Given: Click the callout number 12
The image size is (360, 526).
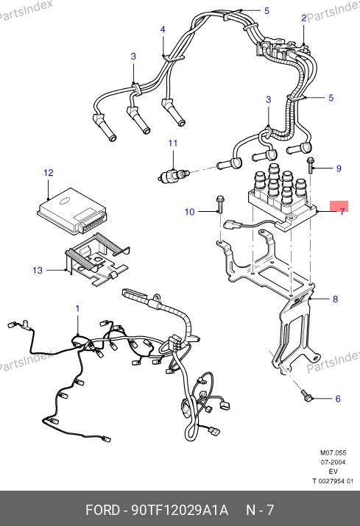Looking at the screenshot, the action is click(49, 173).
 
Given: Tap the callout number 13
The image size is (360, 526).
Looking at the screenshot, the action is click(38, 270).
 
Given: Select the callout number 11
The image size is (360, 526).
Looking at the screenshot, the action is click(173, 143).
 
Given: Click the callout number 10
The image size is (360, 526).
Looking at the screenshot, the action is click(190, 212).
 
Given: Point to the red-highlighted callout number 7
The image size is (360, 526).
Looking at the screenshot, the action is click(342, 212).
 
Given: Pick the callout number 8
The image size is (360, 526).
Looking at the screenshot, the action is click(335, 299).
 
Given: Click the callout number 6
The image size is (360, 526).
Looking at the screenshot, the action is click(338, 399).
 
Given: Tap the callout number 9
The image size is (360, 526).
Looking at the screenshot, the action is click(339, 168).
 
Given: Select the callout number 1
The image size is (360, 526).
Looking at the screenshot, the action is click(77, 309).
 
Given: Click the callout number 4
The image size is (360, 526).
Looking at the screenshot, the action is click(163, 29).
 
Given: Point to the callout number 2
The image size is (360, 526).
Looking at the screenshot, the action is click(303, 18).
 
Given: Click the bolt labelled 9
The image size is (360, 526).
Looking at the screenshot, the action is click(310, 166).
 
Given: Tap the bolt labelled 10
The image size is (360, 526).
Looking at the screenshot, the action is click(220, 204).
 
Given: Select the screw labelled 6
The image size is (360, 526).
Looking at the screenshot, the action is click(307, 395).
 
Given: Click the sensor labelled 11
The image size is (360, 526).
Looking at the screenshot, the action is click(174, 174).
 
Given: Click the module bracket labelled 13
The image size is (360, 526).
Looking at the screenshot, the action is click(96, 259).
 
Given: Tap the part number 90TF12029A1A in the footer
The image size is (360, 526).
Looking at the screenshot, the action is click(180, 511).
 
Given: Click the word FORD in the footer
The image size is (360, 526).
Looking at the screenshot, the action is click(102, 511).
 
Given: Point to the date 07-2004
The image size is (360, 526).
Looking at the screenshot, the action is click(333, 462).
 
